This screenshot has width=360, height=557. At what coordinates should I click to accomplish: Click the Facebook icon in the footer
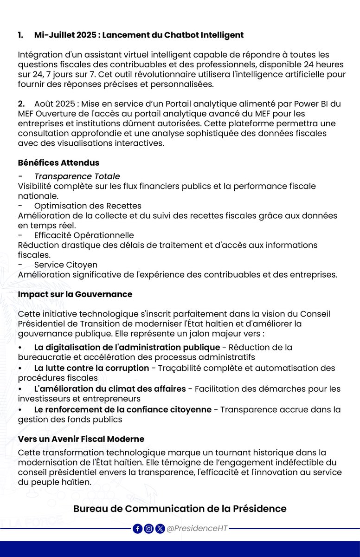point(138,529)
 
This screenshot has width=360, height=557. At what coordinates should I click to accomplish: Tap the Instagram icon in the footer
point(149,529)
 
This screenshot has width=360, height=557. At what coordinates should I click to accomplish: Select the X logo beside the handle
point(160,529)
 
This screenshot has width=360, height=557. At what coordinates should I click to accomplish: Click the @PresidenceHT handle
point(197,529)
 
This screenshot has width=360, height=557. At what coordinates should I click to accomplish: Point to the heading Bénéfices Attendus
point(58,163)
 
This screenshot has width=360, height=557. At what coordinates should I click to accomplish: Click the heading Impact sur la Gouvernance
point(75,294)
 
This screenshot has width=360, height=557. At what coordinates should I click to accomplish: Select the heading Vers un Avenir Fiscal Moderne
point(81,439)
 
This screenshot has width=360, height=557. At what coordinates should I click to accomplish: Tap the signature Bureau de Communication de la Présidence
point(180,509)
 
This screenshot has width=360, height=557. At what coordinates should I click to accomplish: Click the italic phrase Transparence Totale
point(77,176)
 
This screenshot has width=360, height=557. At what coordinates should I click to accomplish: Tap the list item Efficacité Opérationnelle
point(84,235)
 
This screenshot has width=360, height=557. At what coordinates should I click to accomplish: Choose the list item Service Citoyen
point(66,265)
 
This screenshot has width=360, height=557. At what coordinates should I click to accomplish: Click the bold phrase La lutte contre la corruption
point(91,368)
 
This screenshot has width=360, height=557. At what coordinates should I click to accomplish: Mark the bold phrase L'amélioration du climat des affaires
point(110,389)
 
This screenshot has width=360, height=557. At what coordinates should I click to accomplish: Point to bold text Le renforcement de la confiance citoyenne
point(122,409)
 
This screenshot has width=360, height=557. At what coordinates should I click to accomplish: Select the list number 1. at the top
point(21,35)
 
